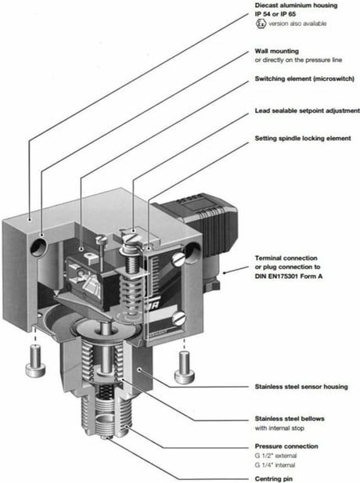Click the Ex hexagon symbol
coord(261,23)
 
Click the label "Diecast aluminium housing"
coord(296,5)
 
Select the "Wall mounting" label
coord(276,51)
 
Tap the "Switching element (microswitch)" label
coord(304,79)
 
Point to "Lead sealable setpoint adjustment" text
coord(307,110)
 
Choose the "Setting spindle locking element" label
coord(303,139)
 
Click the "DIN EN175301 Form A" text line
coord(289,276)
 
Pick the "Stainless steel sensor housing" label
coord(301,387)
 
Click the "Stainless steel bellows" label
coord(290,419)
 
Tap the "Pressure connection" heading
coord(286,446)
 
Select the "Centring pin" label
coord(274,479)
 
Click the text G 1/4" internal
coord(275,465)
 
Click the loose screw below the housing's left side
coord(35,361)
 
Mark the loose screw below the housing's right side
coord(185,367)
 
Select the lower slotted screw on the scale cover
coord(178,319)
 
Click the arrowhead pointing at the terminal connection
coord(225,272)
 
